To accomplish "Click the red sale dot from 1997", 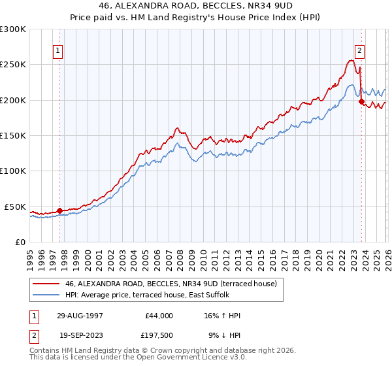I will pos(59,210).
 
